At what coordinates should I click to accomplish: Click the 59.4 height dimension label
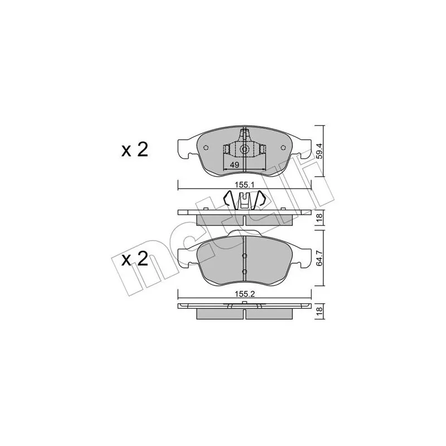tap(319, 151)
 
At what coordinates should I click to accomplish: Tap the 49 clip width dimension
tap(234, 164)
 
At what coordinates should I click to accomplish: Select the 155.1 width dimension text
tap(244, 185)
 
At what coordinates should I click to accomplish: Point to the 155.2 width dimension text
tap(244, 294)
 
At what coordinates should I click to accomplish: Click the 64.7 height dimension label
tap(319, 258)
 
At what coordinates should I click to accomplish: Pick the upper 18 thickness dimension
tap(319, 217)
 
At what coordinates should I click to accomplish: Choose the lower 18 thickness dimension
tap(319, 311)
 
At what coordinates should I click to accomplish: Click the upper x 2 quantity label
tap(135, 150)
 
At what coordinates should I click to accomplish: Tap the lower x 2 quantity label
tap(135, 259)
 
